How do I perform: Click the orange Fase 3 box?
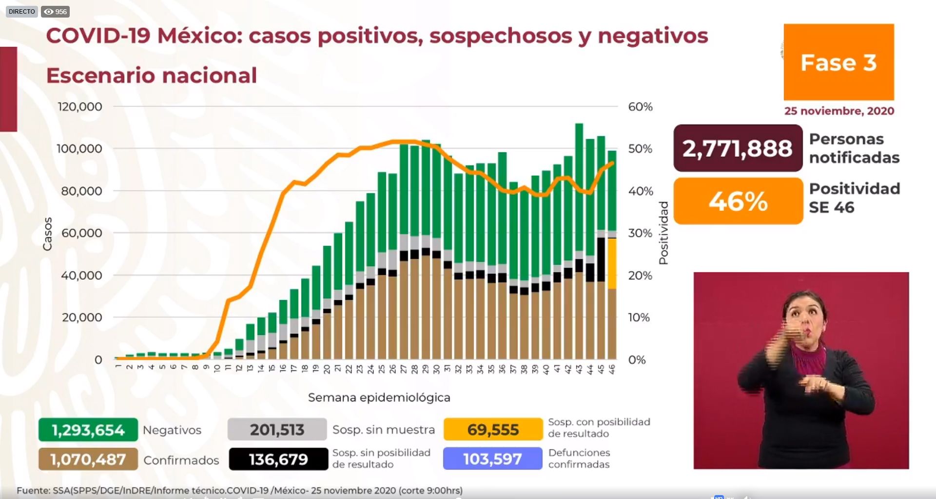(x=838, y=62)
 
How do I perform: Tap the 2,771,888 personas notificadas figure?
(x=737, y=148)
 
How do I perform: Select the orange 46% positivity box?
(x=738, y=201)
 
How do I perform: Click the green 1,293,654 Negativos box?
(x=88, y=430)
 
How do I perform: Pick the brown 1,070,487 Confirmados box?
(x=88, y=459)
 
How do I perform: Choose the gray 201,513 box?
(x=277, y=430)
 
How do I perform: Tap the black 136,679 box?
(x=278, y=459)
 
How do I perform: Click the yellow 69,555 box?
(x=493, y=430)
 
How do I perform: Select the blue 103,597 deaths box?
(x=492, y=459)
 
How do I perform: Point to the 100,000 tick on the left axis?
(x=79, y=149)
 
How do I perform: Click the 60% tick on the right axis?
(x=640, y=107)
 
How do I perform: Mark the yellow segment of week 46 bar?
(x=611, y=263)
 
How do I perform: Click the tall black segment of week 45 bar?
(x=601, y=259)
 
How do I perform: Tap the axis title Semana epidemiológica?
(x=379, y=398)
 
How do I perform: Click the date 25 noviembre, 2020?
(x=839, y=111)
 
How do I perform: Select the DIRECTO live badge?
(x=22, y=11)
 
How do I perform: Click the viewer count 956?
(x=56, y=12)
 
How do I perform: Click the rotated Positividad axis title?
(x=663, y=233)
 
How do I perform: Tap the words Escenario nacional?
(x=151, y=76)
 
